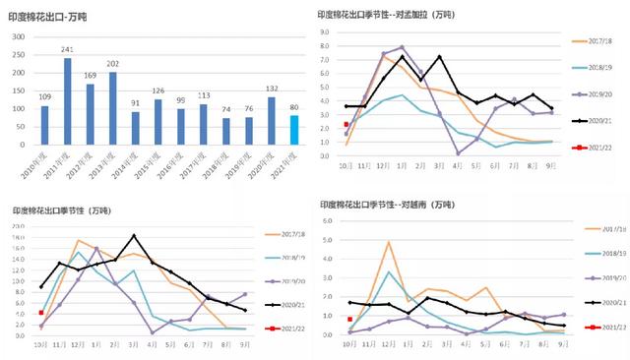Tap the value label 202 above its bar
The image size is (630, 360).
[112, 64]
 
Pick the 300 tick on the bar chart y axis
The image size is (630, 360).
[20, 35]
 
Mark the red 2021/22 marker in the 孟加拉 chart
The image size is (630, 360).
[346, 125]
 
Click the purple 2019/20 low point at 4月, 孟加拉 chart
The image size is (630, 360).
[459, 152]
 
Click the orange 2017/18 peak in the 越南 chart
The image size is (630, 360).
[389, 242]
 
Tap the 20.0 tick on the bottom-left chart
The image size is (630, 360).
[19, 225]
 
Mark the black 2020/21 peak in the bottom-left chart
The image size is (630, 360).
[133, 236]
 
